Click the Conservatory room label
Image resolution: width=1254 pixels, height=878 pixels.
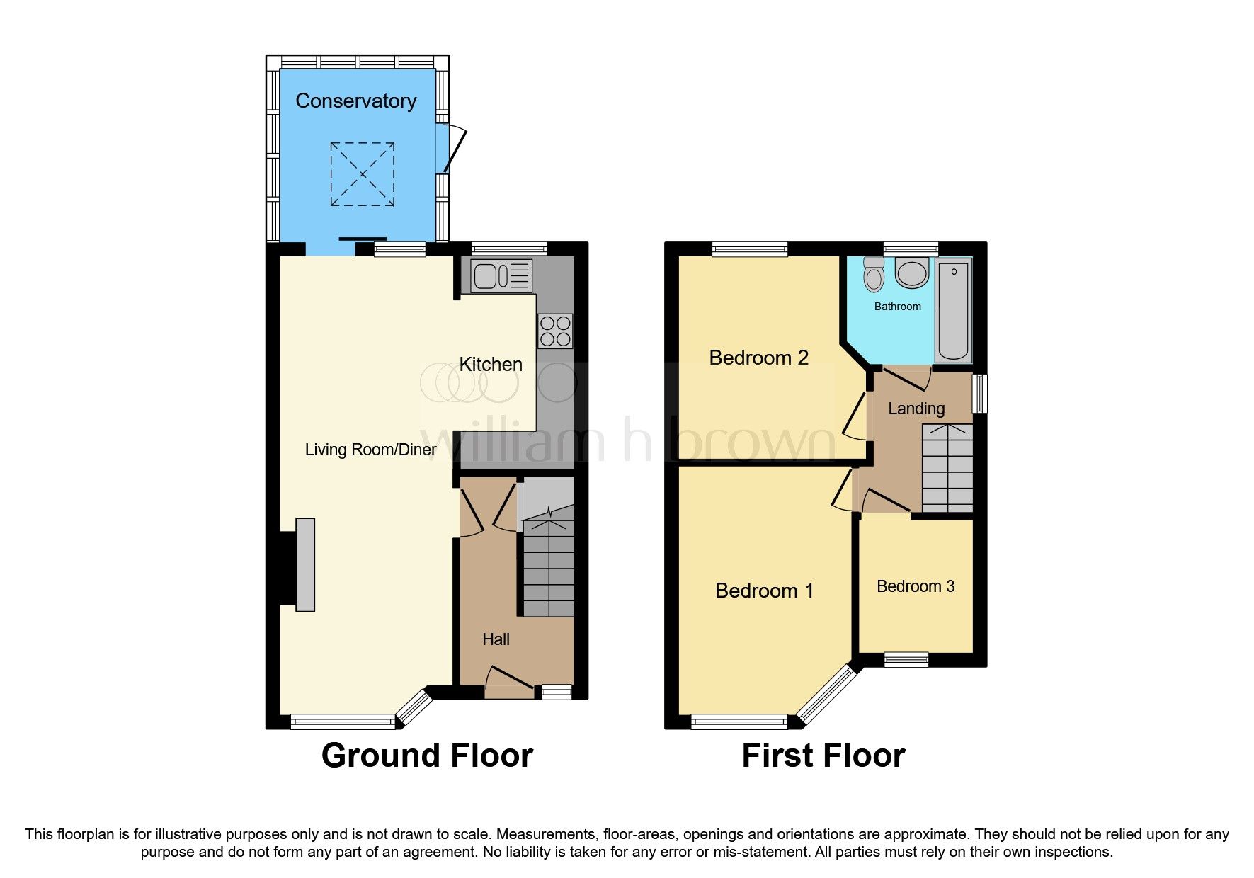pos(355,101)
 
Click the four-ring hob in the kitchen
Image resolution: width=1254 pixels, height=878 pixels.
pos(555,331)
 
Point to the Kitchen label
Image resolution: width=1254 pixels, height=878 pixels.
pos(491,365)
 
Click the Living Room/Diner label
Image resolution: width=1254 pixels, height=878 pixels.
pos(370,450)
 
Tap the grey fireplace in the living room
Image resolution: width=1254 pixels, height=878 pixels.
pos(305,564)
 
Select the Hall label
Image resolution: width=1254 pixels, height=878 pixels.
pos(496,639)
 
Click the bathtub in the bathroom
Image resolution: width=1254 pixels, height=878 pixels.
pos(953,309)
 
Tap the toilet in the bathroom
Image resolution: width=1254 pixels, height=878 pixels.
pos(874,275)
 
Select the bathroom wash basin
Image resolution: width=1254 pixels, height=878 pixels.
pos(912,273)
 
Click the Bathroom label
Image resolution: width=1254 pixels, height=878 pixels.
pos(898,307)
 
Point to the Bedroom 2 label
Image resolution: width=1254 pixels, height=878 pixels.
pos(758,358)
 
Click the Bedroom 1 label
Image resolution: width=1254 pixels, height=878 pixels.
pos(764,591)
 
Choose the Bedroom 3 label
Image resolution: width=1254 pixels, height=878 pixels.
pos(916,586)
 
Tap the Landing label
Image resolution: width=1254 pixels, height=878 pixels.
pos(916,409)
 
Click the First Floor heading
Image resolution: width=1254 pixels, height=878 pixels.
pos(823,756)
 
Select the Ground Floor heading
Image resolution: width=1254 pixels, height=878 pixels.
pos(427,756)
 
